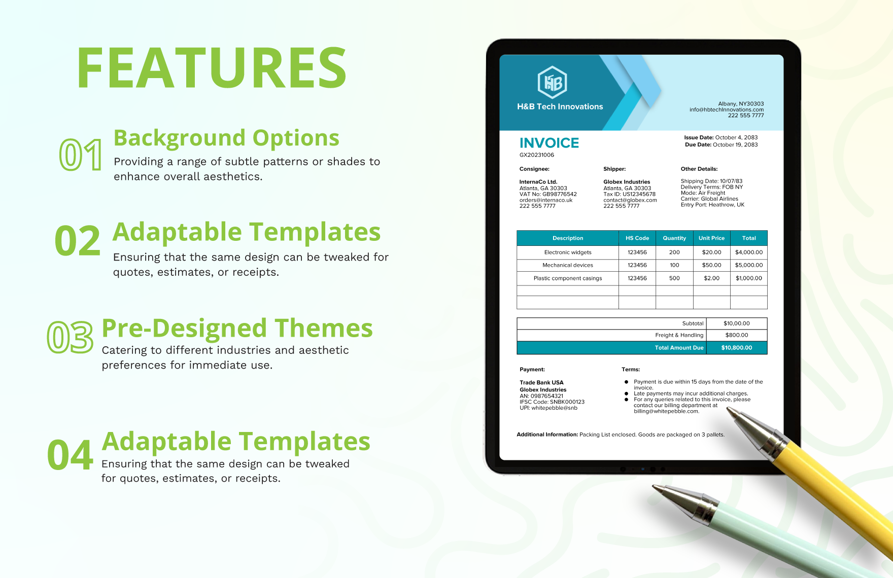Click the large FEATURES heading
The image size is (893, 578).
click(x=212, y=68)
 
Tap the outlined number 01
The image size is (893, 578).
click(x=81, y=155)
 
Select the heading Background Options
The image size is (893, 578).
click(x=226, y=138)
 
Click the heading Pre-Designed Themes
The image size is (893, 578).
click(x=237, y=328)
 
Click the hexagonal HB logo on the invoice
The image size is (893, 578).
click(x=552, y=82)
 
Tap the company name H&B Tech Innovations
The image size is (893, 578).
click(x=560, y=106)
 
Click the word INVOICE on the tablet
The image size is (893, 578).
click(x=549, y=143)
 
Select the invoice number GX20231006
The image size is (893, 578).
click(x=536, y=155)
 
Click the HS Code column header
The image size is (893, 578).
click(x=637, y=238)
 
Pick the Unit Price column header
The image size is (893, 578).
click(x=711, y=238)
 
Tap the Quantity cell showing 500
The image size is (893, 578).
click(x=674, y=278)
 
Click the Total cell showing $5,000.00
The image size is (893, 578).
click(x=748, y=265)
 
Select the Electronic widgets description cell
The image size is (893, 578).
click(x=567, y=252)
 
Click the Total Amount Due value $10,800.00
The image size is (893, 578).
click(x=736, y=348)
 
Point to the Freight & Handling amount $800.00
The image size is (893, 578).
click(x=736, y=335)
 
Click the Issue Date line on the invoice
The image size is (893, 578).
click(x=720, y=137)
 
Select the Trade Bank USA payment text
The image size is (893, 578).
click(x=541, y=383)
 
